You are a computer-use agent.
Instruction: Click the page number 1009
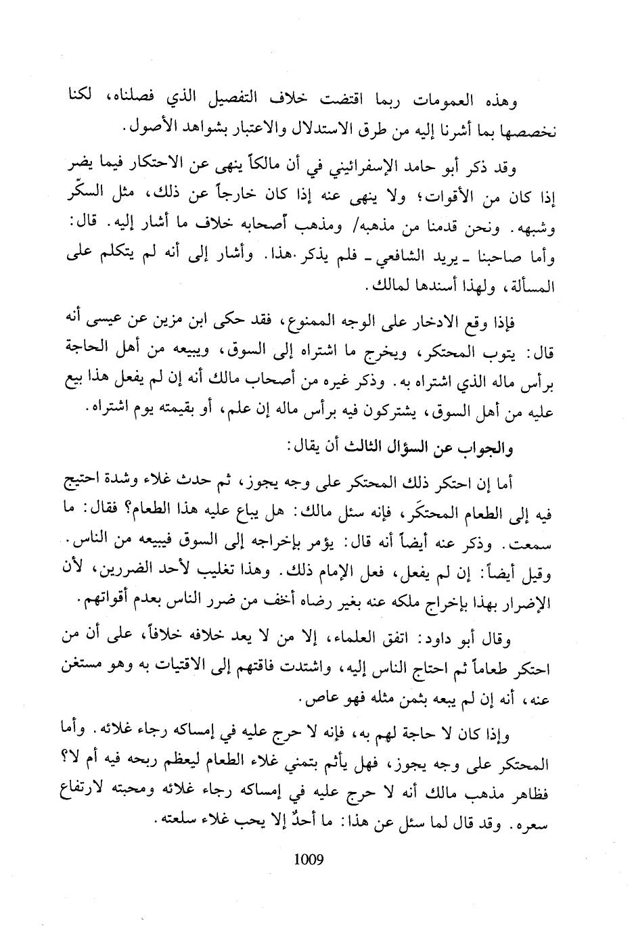(x=310, y=860)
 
